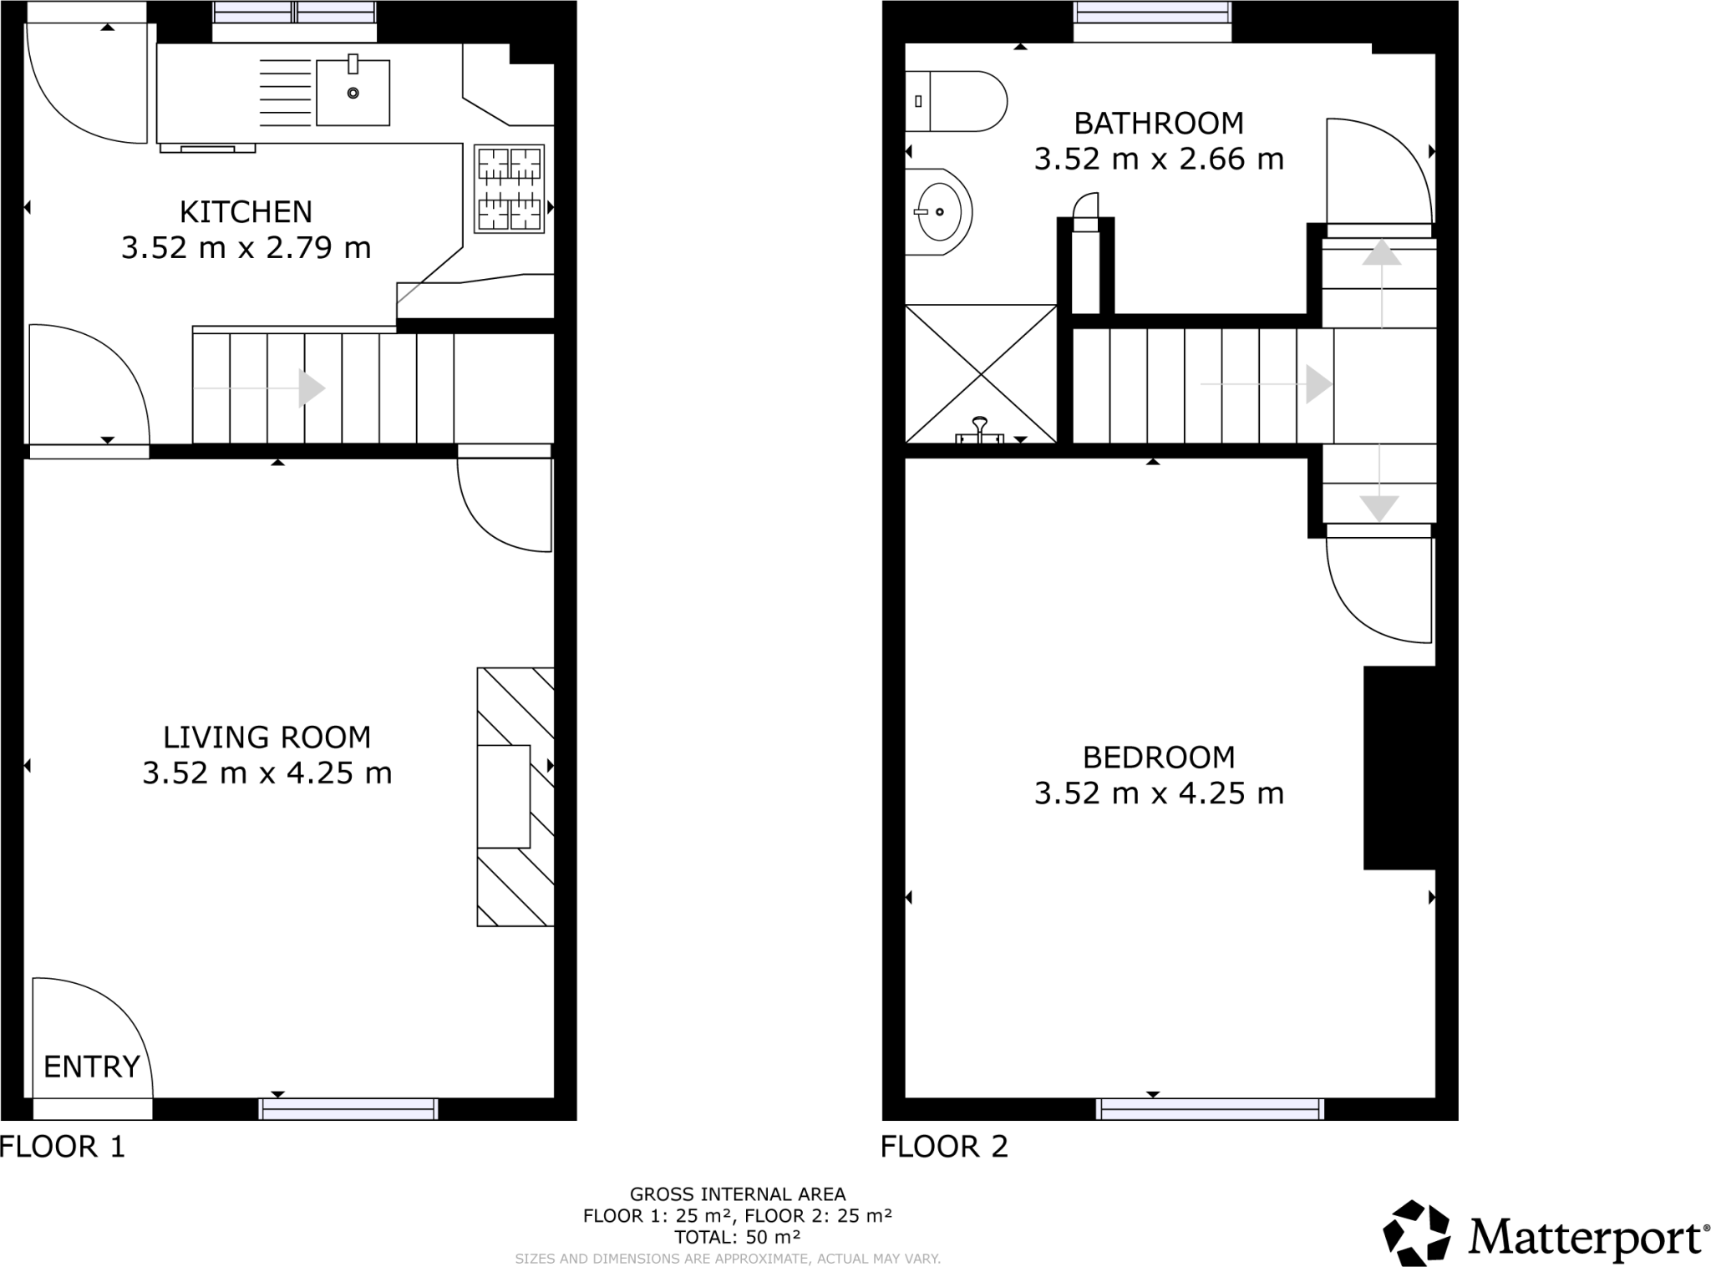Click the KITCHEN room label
click(x=246, y=212)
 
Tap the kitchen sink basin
click(x=353, y=92)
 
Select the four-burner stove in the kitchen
click(x=509, y=189)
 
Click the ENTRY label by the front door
click(x=91, y=1067)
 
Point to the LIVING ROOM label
click(x=267, y=737)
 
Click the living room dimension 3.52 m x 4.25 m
click(x=267, y=773)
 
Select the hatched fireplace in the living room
click(x=515, y=796)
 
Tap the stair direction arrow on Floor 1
click(x=311, y=388)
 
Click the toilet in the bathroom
click(x=961, y=101)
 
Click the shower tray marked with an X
click(x=981, y=373)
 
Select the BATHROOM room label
click(x=1158, y=124)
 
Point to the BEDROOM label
click(x=1158, y=758)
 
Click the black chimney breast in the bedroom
click(x=1399, y=768)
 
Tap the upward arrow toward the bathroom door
click(x=1381, y=253)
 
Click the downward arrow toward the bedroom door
click(x=1378, y=507)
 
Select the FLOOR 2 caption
click(x=944, y=1147)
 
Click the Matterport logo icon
click(x=1418, y=1232)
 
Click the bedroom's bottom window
click(x=1210, y=1109)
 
